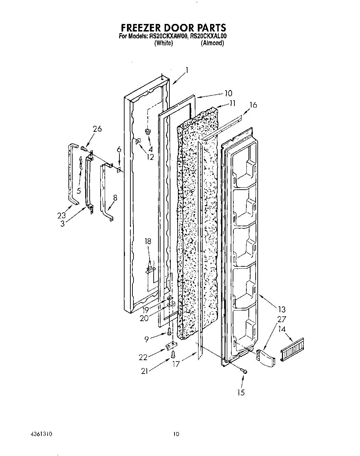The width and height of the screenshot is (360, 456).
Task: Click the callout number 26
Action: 97,129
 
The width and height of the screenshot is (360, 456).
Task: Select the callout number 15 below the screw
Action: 241,393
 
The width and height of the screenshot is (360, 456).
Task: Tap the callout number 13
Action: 282,310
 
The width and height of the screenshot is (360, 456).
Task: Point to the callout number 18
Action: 147,241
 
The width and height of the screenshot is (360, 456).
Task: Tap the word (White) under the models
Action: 163,43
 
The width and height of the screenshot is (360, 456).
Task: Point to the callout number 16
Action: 253,105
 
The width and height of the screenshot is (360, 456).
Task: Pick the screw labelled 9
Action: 169,331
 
